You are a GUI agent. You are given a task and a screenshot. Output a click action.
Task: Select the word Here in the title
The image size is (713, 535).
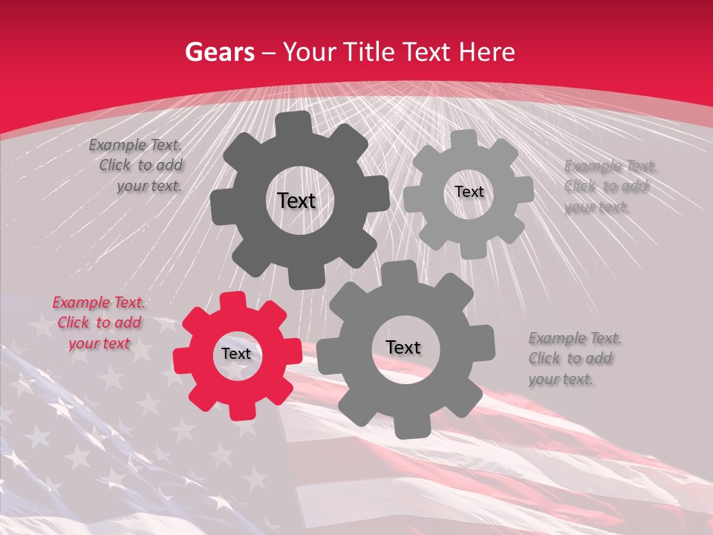click(486, 52)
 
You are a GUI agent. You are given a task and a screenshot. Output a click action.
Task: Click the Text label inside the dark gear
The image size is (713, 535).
click(296, 201)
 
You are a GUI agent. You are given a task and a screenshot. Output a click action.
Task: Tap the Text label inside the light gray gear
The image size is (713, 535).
click(469, 192)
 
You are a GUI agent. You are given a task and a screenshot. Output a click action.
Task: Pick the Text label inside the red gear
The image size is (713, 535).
click(236, 354)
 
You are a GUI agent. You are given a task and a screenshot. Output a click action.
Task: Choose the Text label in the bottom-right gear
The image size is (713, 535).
click(403, 347)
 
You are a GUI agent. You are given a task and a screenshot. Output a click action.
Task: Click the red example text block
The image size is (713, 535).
click(100, 323)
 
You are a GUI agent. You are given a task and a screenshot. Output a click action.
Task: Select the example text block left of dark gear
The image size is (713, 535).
click(137, 166)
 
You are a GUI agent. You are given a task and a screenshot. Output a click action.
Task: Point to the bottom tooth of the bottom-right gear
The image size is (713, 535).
click(406, 427)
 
